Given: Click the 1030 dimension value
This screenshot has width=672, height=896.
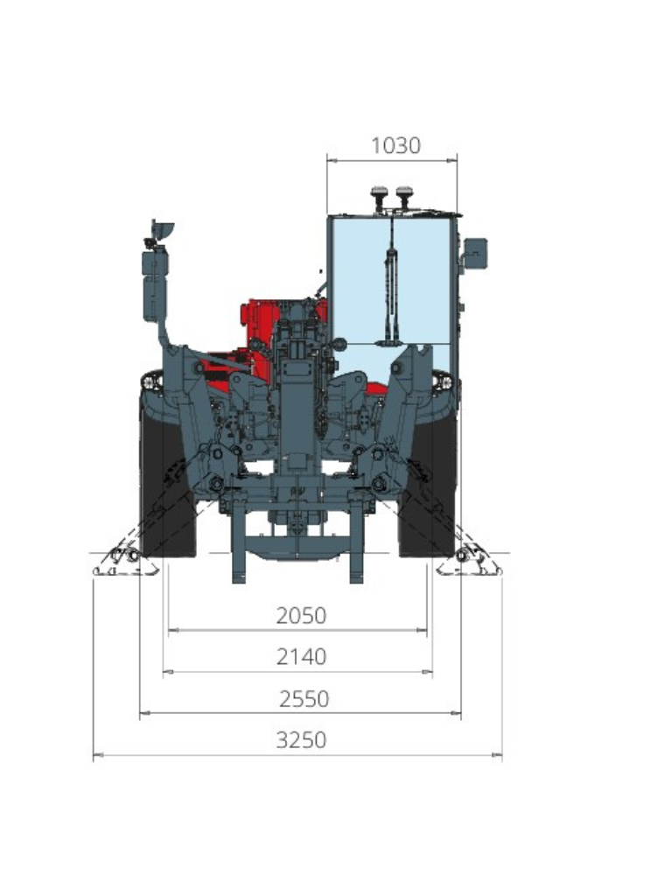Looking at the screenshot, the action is click(395, 145).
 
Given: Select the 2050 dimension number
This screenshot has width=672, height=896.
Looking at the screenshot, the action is click(301, 615).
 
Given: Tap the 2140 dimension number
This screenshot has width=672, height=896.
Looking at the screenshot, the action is click(301, 656).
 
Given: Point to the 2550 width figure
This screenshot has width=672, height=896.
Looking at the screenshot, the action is click(304, 699).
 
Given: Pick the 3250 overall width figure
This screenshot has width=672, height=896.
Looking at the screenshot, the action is click(301, 740).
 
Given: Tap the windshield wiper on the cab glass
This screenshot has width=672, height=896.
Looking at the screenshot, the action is click(391, 286).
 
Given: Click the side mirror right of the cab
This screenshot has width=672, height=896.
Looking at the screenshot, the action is click(475, 253).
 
